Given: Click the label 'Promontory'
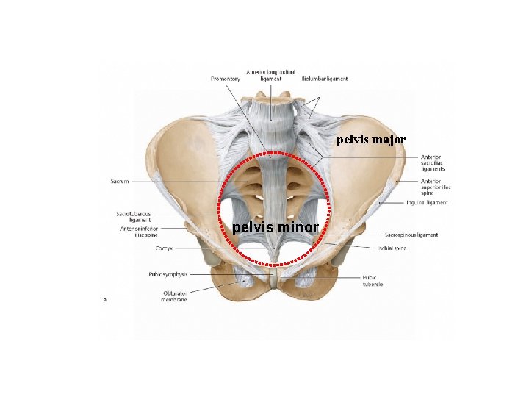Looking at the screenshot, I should click(226, 79).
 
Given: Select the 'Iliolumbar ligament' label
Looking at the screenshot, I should click(325, 79).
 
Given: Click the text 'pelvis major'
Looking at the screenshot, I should click(371, 139).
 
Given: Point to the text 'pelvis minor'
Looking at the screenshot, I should click(276, 228).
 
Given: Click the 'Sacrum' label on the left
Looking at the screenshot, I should click(121, 180).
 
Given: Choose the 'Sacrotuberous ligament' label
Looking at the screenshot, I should click(134, 217).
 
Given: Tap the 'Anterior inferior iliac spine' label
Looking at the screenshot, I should click(138, 232).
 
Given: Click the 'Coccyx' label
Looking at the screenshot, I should click(164, 248).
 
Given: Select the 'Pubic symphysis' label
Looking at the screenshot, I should click(169, 274).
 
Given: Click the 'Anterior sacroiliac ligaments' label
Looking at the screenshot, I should click(433, 162).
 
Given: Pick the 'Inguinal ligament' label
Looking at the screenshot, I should click(427, 202).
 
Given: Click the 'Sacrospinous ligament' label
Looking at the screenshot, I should click(411, 235).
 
